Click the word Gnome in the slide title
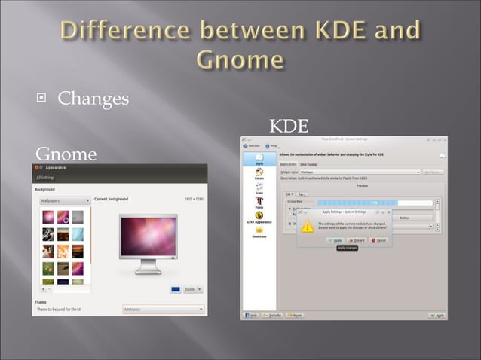pos(240,59)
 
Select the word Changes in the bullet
pos(93,99)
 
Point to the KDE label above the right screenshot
pos(289,126)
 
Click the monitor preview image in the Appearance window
pos(148,241)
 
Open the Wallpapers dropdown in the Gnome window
pos(63,201)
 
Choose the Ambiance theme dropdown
pos(163,309)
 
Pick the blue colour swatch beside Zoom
pos(175,289)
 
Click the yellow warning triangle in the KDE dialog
pos(307,225)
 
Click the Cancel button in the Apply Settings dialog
pos(378,239)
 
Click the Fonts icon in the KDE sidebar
pos(259,203)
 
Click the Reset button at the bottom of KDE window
pos(295,315)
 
